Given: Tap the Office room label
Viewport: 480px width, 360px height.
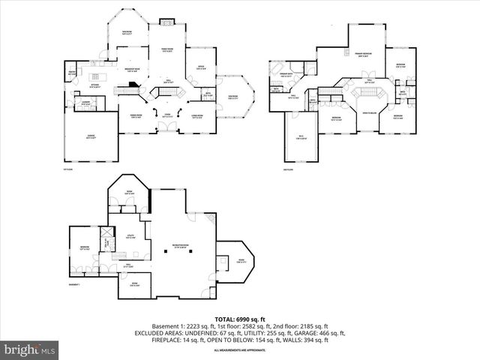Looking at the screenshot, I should pos(201,67).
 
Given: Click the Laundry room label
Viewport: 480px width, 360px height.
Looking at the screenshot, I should pos(86,102).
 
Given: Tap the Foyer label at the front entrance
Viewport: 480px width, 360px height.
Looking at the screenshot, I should pos(168,115).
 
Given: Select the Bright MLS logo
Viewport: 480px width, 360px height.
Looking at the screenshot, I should pos(30,349).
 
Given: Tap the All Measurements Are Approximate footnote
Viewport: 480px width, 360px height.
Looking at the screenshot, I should pos(240,350).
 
